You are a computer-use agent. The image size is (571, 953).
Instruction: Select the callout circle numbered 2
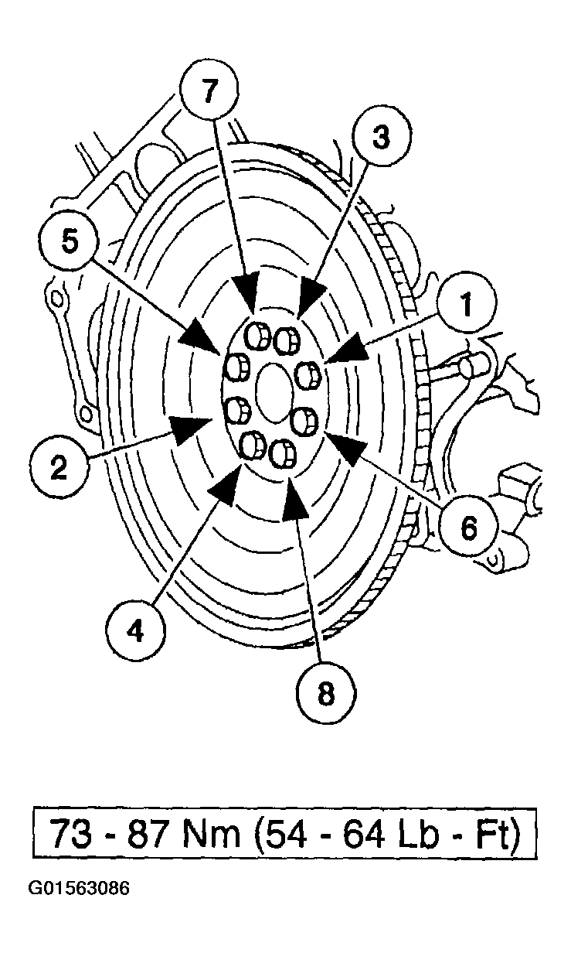point(59,467)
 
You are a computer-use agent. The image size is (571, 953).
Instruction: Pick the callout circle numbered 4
point(137,631)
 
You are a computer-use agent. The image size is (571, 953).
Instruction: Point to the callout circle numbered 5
point(70,242)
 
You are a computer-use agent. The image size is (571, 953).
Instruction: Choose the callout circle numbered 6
point(469,528)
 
